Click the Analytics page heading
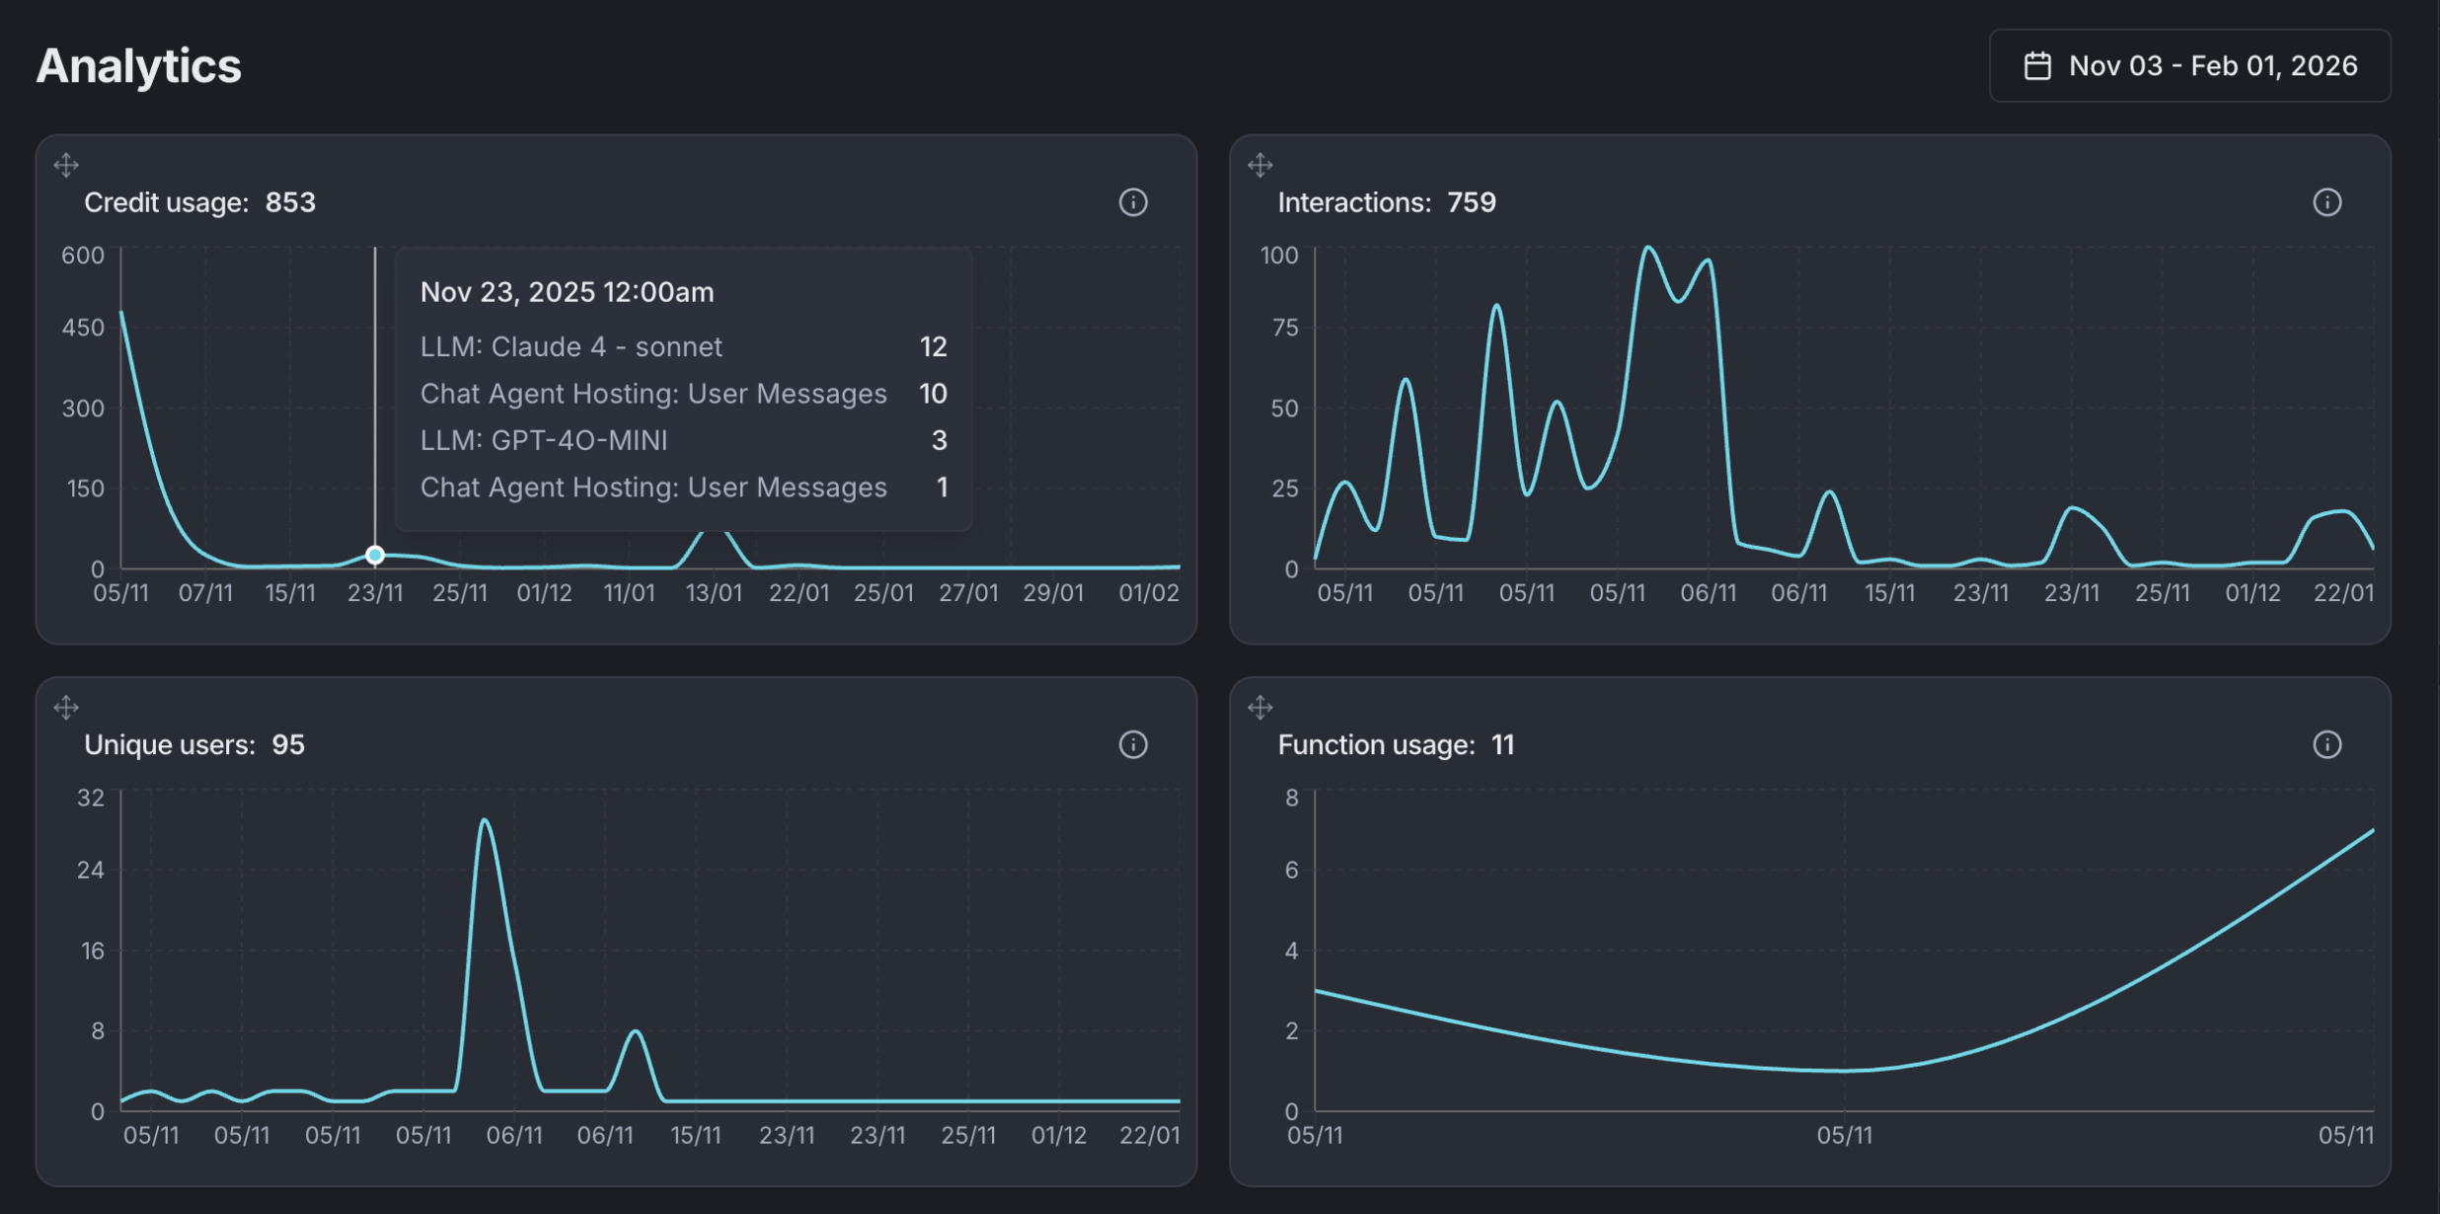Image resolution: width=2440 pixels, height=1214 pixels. (x=138, y=66)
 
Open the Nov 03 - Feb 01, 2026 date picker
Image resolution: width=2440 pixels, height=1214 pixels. (x=2189, y=66)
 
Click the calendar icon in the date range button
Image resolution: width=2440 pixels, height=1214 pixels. (x=2037, y=66)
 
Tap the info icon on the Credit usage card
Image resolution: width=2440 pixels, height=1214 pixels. (x=1133, y=202)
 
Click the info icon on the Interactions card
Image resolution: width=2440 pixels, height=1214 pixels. (x=2326, y=202)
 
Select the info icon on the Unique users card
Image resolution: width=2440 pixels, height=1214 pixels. (x=1133, y=744)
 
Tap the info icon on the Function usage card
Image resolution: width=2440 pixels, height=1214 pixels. (x=2326, y=744)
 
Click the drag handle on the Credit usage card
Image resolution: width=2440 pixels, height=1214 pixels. (x=66, y=165)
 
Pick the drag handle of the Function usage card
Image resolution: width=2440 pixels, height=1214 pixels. (x=1259, y=707)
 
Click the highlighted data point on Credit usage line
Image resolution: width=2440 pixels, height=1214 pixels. (x=375, y=555)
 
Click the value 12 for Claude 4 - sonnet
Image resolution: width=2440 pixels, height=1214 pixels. (x=933, y=346)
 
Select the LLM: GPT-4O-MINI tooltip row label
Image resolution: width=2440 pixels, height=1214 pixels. (x=544, y=440)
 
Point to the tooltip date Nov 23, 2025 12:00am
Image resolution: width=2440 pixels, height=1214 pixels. (x=567, y=292)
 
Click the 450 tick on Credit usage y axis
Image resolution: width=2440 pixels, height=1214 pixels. (x=83, y=328)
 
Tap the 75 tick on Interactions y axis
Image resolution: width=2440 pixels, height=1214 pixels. (x=1284, y=328)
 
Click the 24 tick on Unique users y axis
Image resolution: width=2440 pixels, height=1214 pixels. (x=91, y=870)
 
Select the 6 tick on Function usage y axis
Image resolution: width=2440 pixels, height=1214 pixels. (x=1291, y=870)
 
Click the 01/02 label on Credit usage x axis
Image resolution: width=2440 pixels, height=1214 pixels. (x=1148, y=593)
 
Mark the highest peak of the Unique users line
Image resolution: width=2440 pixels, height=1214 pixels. (x=485, y=820)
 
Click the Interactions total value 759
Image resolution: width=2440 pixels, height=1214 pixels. (x=1471, y=202)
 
